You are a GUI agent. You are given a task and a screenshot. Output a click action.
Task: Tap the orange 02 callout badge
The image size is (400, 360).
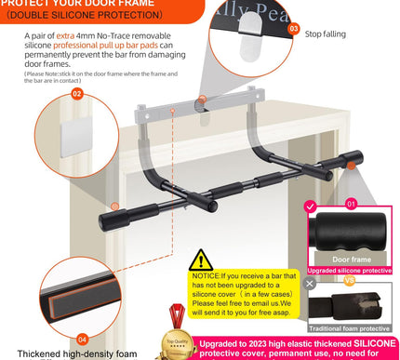coord(76,94)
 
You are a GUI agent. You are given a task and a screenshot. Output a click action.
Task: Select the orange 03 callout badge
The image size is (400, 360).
coord(293,30)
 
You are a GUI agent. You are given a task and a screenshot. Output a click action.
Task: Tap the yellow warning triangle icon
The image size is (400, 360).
coord(201,260)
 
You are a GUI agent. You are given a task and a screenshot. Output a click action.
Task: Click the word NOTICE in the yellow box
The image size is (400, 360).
coord(206,276)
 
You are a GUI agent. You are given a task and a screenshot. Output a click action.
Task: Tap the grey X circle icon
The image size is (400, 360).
coord(310,283)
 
